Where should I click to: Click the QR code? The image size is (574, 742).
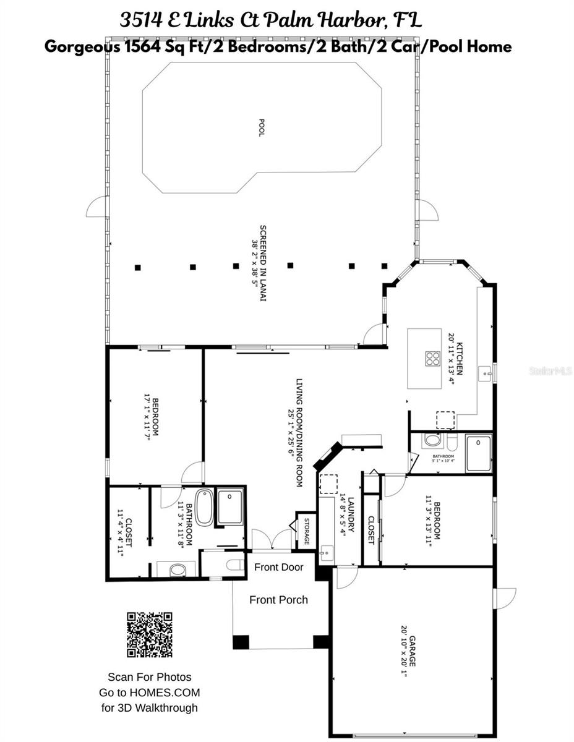point(149,634)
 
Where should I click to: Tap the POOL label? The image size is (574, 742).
point(262,127)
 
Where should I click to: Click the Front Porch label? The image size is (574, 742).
point(278,600)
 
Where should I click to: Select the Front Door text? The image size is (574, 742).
point(279,567)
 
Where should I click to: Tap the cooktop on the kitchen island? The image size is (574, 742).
point(432,358)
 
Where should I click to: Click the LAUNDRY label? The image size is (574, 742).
point(346,515)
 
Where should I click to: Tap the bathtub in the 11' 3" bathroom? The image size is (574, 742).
point(203,506)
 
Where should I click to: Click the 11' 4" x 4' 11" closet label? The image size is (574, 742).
point(125,533)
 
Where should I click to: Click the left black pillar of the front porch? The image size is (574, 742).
point(241,642)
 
